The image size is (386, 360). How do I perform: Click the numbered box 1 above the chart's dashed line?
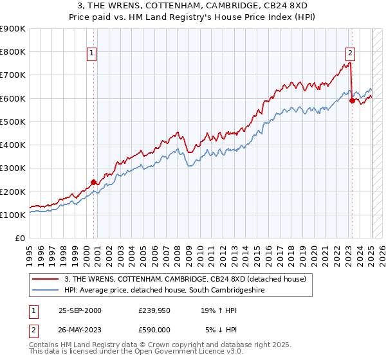coord(93,54)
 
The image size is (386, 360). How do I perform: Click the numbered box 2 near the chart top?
coord(351,54)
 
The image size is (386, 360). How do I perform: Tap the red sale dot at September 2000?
coord(93,182)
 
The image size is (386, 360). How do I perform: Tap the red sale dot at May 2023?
coord(352,100)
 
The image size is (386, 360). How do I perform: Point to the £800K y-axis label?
coord(13,51)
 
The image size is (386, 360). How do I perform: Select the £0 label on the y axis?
coord(20,238)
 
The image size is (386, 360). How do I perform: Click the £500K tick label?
coord(13,122)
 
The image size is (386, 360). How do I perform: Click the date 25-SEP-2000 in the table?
coord(80,310)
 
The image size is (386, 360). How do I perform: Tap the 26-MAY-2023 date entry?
coord(80,330)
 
